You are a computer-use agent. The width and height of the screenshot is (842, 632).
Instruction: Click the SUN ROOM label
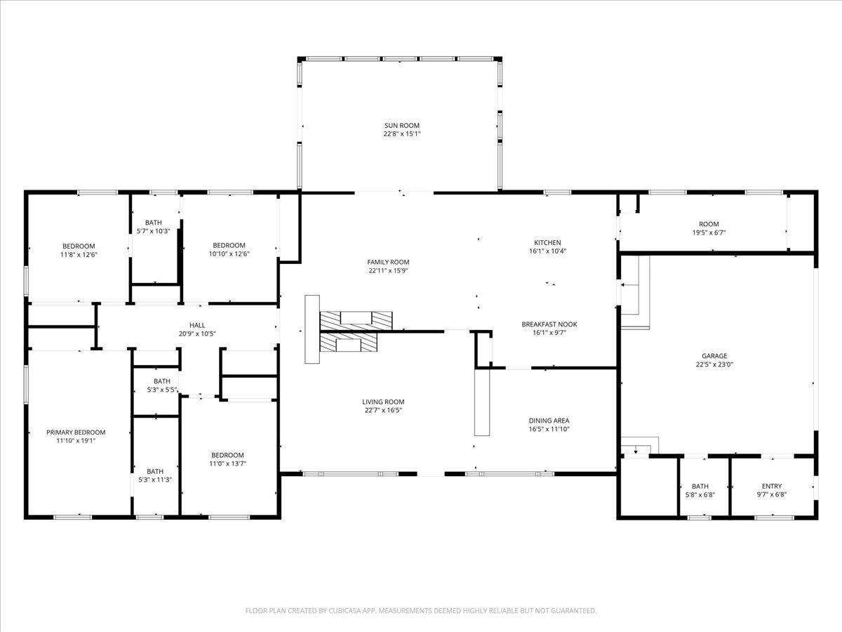point(401,126)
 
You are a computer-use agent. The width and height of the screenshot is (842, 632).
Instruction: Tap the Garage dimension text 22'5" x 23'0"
point(714,364)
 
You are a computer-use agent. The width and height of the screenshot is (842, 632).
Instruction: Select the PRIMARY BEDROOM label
point(76,433)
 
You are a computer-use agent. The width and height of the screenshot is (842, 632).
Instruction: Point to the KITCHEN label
point(547,242)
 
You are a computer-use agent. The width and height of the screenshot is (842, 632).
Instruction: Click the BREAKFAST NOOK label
point(549,324)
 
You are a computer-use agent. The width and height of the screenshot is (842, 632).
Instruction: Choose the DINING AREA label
point(549,421)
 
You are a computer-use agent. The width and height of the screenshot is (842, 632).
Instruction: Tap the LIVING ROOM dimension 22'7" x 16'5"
point(383,410)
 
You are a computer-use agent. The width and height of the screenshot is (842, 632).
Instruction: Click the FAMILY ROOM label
point(388,262)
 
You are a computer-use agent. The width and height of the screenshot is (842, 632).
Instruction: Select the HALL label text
point(197,325)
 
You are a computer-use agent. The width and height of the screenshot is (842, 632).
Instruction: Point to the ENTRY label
point(772,486)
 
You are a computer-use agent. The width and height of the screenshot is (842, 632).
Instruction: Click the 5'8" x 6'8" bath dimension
point(700,495)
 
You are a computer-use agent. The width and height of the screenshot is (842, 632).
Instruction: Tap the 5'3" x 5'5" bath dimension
point(162,390)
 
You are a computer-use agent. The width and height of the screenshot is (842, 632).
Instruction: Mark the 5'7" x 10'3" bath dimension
point(154,231)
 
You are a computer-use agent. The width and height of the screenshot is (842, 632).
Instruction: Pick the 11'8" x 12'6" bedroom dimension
point(79,254)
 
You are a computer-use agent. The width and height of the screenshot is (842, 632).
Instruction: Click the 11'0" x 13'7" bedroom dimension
point(227,463)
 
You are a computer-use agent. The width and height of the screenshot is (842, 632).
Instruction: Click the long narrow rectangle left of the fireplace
point(312,329)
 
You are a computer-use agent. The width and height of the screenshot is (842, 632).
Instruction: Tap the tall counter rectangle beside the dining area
point(482,402)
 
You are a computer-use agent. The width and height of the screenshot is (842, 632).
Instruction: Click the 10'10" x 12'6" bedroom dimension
point(229,254)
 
